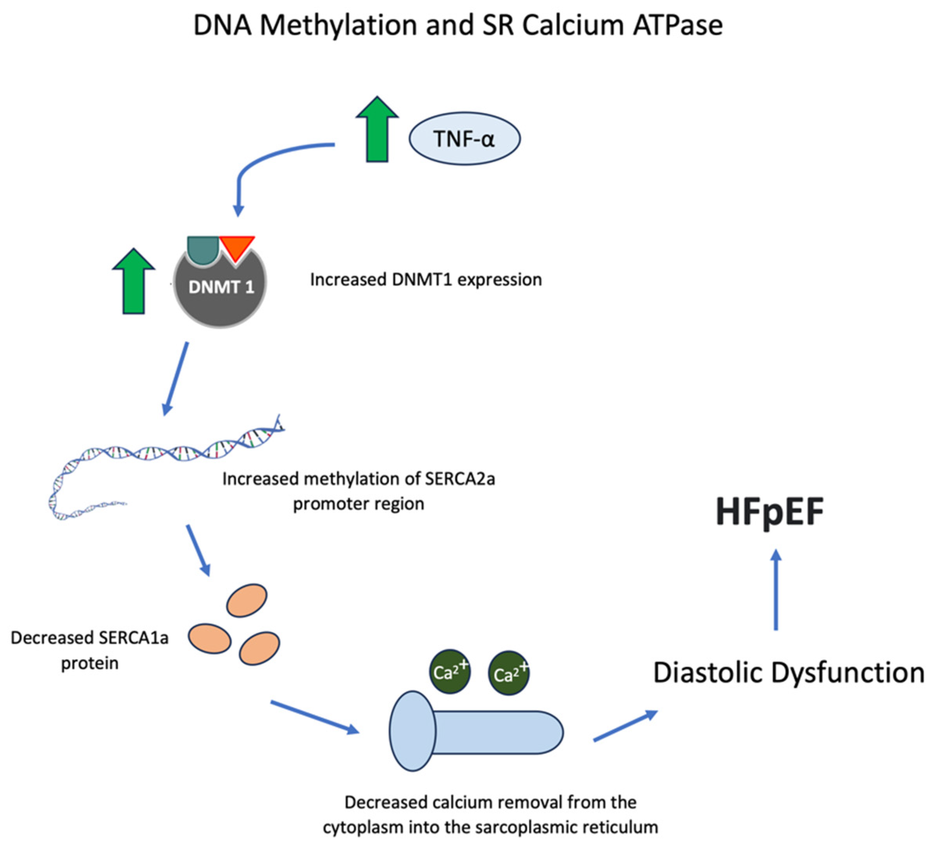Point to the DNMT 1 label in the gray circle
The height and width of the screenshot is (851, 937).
coord(221,287)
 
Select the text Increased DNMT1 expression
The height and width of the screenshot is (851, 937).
coord(426,280)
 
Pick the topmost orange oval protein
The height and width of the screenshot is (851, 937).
coord(246,600)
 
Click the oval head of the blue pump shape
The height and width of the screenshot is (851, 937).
coord(412,731)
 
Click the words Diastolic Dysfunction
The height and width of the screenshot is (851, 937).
coord(788,673)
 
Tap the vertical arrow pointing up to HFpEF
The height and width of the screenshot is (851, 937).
coord(776,590)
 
